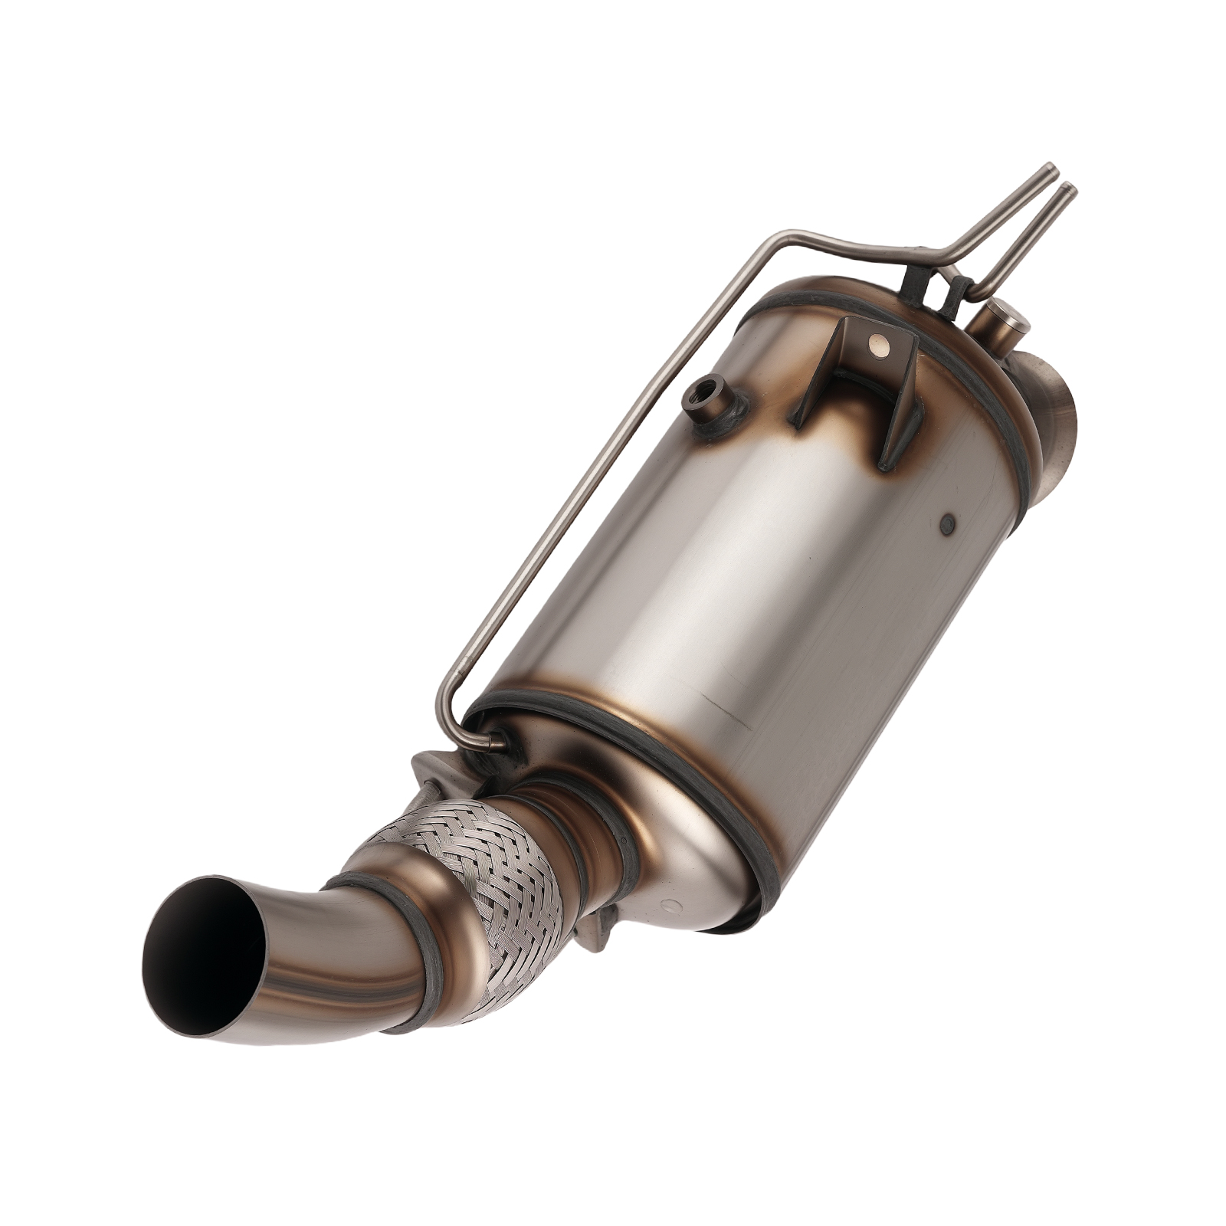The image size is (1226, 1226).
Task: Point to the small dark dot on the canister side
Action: pos(948,523)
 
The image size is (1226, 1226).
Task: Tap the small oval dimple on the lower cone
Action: pos(671,906)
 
